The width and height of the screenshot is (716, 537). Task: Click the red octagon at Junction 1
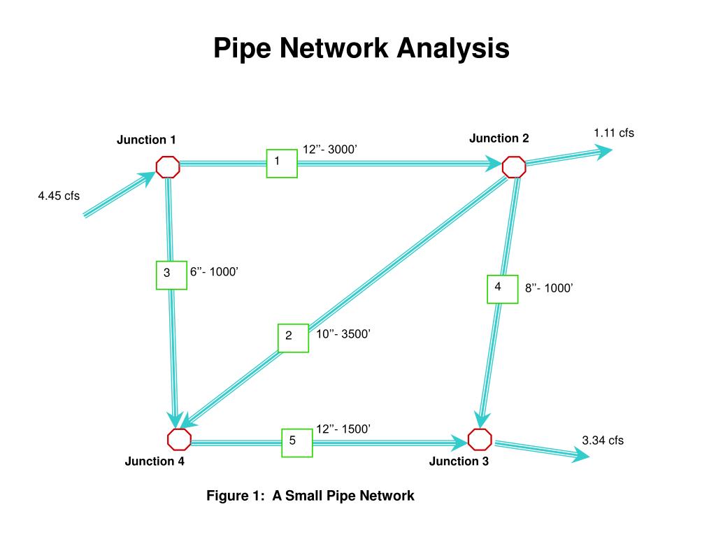(x=168, y=166)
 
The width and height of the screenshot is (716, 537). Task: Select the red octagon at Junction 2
(x=514, y=166)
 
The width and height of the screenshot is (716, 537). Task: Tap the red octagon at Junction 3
(x=480, y=439)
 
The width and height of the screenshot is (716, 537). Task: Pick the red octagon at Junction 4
(x=179, y=439)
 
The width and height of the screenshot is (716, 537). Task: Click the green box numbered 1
(x=282, y=163)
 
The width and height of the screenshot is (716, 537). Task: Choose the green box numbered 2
(x=293, y=337)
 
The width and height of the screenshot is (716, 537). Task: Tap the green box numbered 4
(x=502, y=289)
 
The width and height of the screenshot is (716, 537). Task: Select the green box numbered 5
(x=296, y=441)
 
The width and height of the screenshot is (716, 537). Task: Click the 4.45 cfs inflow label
(x=59, y=196)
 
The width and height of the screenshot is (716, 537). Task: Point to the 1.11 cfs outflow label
(x=614, y=133)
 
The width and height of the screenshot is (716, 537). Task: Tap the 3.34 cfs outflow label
(x=603, y=441)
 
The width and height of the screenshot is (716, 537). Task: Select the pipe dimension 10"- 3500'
(x=343, y=334)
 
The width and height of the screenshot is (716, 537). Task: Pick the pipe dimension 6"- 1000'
(x=215, y=272)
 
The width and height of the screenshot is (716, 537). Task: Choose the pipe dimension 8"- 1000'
(x=550, y=288)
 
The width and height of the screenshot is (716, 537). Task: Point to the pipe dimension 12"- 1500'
(x=343, y=429)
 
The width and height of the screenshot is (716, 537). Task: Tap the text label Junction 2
(x=499, y=138)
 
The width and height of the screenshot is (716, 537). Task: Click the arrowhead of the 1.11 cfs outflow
(x=604, y=151)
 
